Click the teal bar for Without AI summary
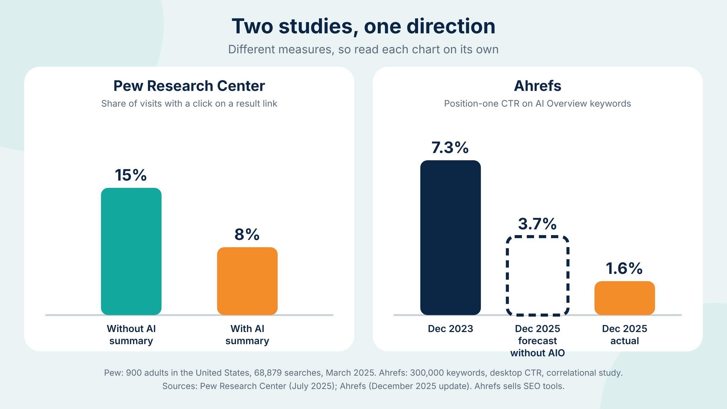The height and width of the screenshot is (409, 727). pyautogui.click(x=131, y=251)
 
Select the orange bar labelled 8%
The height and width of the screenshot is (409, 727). pyautogui.click(x=247, y=281)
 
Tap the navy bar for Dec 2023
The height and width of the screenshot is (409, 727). pyautogui.click(x=450, y=238)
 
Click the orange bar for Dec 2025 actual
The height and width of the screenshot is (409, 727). pyautogui.click(x=625, y=298)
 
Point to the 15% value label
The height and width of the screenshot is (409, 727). pyautogui.click(x=131, y=175)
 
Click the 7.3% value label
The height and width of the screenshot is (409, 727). pyautogui.click(x=450, y=148)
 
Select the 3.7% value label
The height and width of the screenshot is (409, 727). pyautogui.click(x=537, y=224)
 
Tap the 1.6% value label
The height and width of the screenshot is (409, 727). pyautogui.click(x=624, y=268)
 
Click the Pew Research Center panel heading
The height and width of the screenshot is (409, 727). pyautogui.click(x=189, y=86)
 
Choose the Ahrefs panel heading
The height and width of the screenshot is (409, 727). pyautogui.click(x=538, y=86)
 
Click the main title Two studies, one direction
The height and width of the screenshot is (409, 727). pyautogui.click(x=363, y=26)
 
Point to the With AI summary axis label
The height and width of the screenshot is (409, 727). pyautogui.click(x=247, y=335)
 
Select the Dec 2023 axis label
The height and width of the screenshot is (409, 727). pyautogui.click(x=450, y=329)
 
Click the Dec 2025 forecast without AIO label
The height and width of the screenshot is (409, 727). pyautogui.click(x=538, y=341)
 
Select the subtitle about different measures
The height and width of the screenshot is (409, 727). pyautogui.click(x=363, y=49)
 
